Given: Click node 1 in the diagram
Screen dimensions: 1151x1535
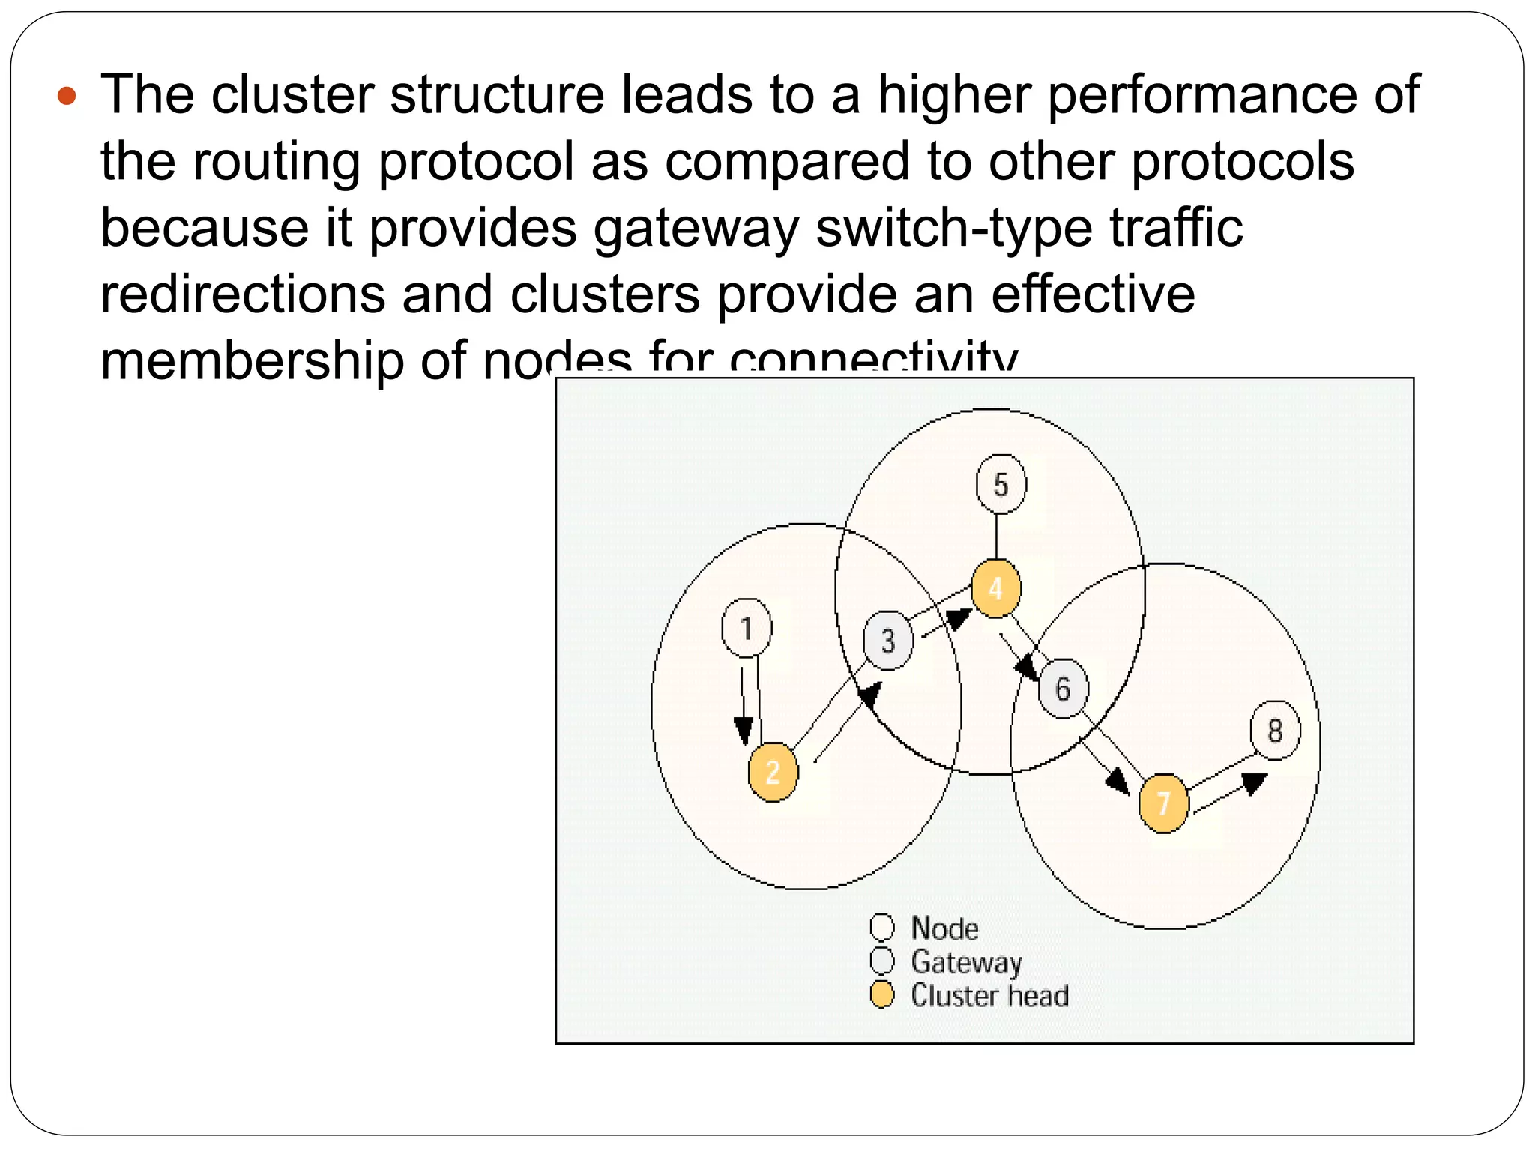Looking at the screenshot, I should coord(747,628).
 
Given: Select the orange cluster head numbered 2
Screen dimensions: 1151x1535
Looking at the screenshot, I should coord(773,772).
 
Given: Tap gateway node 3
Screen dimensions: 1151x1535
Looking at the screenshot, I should coord(888,641).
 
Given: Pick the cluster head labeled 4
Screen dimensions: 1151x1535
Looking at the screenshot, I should coord(995,588).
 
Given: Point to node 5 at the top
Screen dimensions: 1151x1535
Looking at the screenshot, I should coord(1001,485).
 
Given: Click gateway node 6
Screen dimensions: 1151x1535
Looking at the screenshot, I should coord(1063,689).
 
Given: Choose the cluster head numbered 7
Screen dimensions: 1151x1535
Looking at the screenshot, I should coord(1162,803).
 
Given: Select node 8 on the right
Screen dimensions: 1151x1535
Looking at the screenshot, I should coord(1275,731).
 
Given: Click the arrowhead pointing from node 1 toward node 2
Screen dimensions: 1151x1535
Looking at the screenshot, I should coord(744,731).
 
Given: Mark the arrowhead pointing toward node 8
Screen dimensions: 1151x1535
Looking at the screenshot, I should coord(1254,783).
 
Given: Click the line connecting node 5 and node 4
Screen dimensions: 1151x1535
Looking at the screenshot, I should coord(996,536).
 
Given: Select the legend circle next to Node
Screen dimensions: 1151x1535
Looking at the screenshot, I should coord(882,928).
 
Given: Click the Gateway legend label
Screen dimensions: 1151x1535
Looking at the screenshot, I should coord(966,961).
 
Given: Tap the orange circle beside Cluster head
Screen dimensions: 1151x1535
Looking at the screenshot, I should coord(882,995).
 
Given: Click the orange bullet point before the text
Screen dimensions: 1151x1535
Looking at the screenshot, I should coord(67,96).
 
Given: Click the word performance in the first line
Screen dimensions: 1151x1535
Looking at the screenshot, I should coord(1201,95).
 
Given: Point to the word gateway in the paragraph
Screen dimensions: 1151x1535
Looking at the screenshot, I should coord(696,228).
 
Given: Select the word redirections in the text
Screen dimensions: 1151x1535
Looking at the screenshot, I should coord(243,294).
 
